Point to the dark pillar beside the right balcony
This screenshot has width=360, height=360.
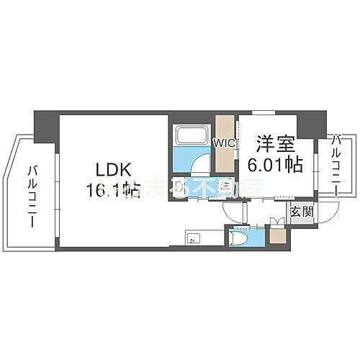pyautogui.click(x=311, y=123)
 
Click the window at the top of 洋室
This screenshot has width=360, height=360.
pyautogui.click(x=263, y=112)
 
